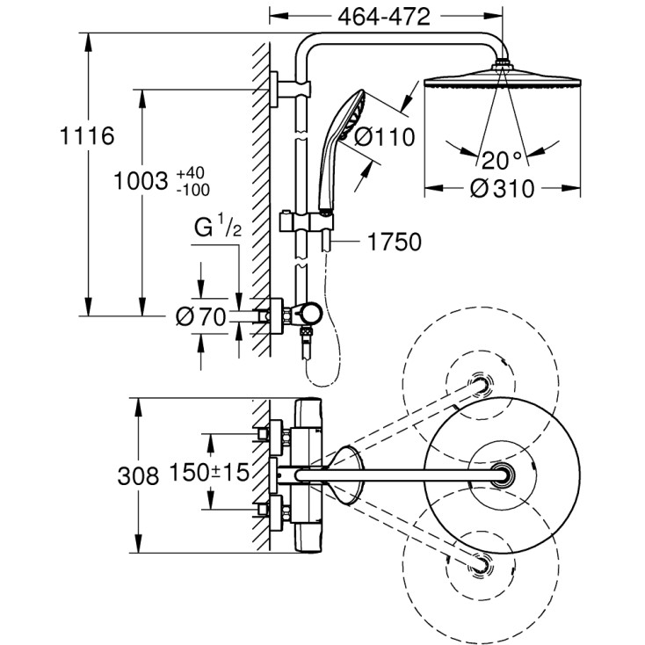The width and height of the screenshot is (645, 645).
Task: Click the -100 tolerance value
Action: pos(192,189)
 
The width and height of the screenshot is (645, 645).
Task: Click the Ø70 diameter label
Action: pos(201,318)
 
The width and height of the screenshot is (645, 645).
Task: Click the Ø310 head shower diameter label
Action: pos(501,189)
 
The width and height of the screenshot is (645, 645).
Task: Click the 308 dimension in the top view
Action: pos(138,476)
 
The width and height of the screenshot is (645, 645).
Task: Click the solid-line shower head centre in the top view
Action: pos(502,474)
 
